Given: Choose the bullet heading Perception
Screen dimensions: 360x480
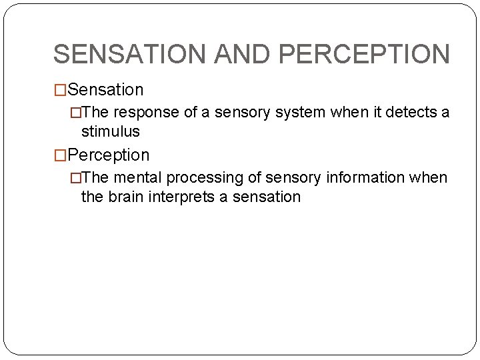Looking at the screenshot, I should pyautogui.click(x=108, y=155).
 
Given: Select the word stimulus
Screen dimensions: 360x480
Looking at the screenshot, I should pyautogui.click(x=110, y=132).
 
